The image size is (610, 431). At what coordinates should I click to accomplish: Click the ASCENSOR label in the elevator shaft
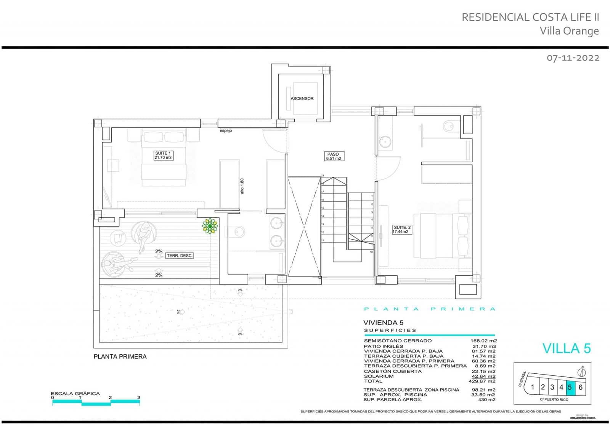click(302, 98)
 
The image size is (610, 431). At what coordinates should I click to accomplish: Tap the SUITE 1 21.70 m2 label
click(163, 155)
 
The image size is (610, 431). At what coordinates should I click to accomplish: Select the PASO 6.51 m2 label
click(333, 156)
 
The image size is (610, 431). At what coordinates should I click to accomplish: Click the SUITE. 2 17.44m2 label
click(402, 230)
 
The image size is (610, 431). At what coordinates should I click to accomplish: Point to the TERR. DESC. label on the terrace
click(180, 256)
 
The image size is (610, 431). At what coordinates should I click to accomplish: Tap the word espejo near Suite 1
click(226, 131)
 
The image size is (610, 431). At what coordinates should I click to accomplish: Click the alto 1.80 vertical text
click(242, 186)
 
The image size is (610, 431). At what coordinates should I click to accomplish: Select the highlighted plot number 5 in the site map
click(570, 387)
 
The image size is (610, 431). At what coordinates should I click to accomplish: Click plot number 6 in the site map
click(580, 387)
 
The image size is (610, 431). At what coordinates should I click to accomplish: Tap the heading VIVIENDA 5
click(383, 323)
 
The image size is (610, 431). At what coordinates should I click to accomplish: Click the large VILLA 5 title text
click(566, 348)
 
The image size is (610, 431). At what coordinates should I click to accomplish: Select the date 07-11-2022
click(573, 58)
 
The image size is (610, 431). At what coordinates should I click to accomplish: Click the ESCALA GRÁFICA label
click(75, 393)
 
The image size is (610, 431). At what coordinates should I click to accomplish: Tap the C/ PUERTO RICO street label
click(554, 400)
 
